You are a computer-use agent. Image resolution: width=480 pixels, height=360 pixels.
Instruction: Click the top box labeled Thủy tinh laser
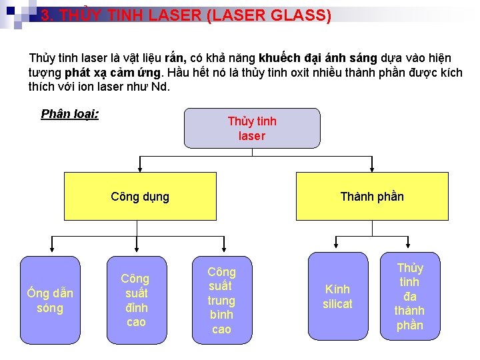point(252,129)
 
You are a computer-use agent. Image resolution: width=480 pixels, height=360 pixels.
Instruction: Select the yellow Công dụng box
point(140,197)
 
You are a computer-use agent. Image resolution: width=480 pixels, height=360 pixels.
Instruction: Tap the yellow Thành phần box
point(372,197)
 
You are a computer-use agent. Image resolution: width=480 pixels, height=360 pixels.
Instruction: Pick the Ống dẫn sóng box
point(50,300)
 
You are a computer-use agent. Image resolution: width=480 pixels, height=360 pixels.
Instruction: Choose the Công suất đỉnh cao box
point(135,300)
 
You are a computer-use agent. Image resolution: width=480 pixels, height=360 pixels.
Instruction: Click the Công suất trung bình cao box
point(221,300)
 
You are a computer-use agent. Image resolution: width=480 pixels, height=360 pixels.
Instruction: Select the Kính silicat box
point(337,297)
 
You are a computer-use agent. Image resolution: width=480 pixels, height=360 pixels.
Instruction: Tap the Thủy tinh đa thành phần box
point(409,297)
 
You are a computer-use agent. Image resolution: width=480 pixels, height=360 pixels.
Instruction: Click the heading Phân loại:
point(70,114)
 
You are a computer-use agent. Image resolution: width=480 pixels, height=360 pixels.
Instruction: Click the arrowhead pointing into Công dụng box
point(140,169)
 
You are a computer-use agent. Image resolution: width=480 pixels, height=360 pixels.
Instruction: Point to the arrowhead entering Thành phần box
point(372,169)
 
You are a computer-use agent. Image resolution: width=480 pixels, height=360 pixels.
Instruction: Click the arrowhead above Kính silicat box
point(337,249)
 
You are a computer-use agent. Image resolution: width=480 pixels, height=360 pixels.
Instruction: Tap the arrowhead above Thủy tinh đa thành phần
point(409,249)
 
